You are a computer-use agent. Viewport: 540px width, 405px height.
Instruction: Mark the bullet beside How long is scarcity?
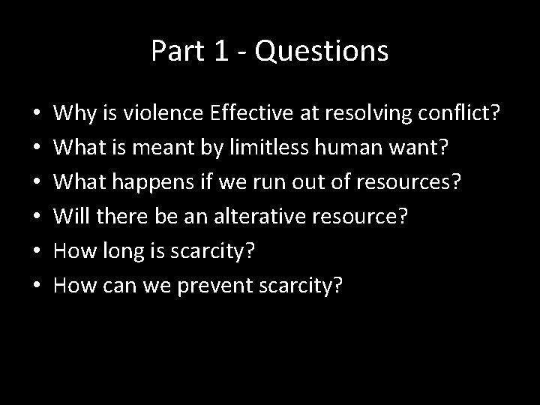click(37, 251)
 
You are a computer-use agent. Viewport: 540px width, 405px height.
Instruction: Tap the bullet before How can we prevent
click(37, 284)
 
